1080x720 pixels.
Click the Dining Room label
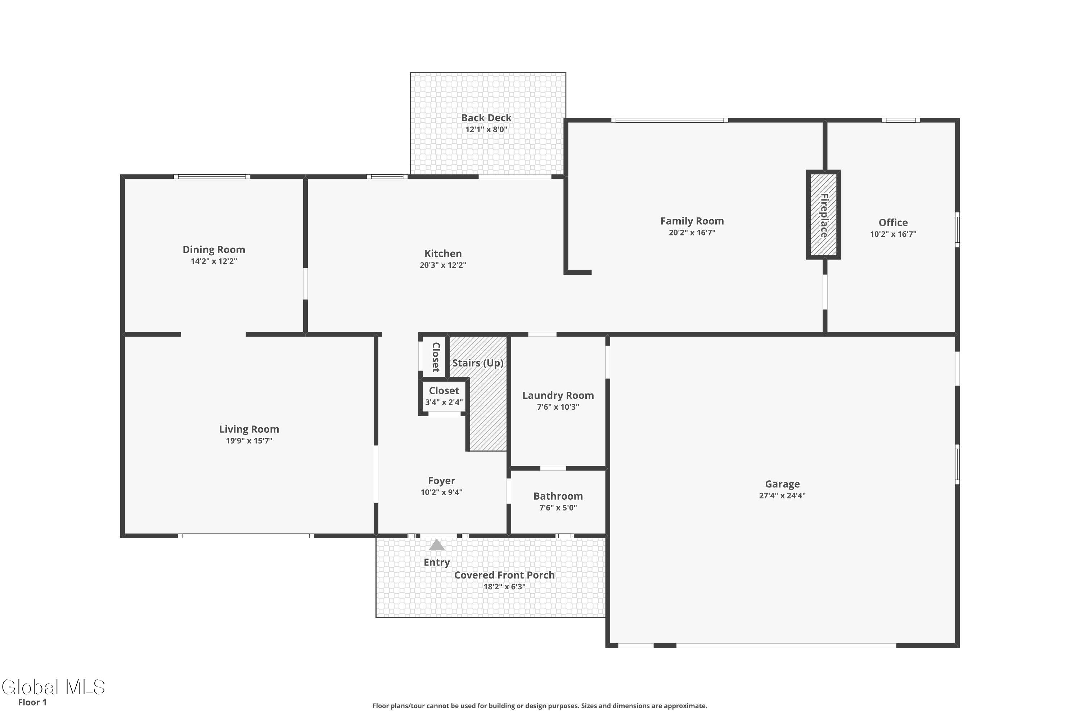coord(214,250)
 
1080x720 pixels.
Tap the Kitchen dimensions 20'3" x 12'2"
coord(443,265)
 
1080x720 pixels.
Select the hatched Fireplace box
coord(824,215)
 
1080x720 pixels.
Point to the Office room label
coord(893,223)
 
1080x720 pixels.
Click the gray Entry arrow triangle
coord(437,545)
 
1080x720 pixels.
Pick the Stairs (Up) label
coord(478,363)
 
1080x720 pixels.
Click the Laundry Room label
coord(558,395)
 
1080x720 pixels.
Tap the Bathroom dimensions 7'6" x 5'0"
coord(558,508)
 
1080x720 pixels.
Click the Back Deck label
coord(486,118)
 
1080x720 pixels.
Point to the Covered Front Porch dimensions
coord(504,587)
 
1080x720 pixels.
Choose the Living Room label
coord(249,429)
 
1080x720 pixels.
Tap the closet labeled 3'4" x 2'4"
coord(444,397)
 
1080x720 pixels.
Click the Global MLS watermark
coord(54,687)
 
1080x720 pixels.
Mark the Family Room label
coord(692,221)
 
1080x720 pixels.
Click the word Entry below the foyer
coord(437,562)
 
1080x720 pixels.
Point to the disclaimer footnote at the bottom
coord(540,706)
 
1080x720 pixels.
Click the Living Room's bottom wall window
coord(246,536)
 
